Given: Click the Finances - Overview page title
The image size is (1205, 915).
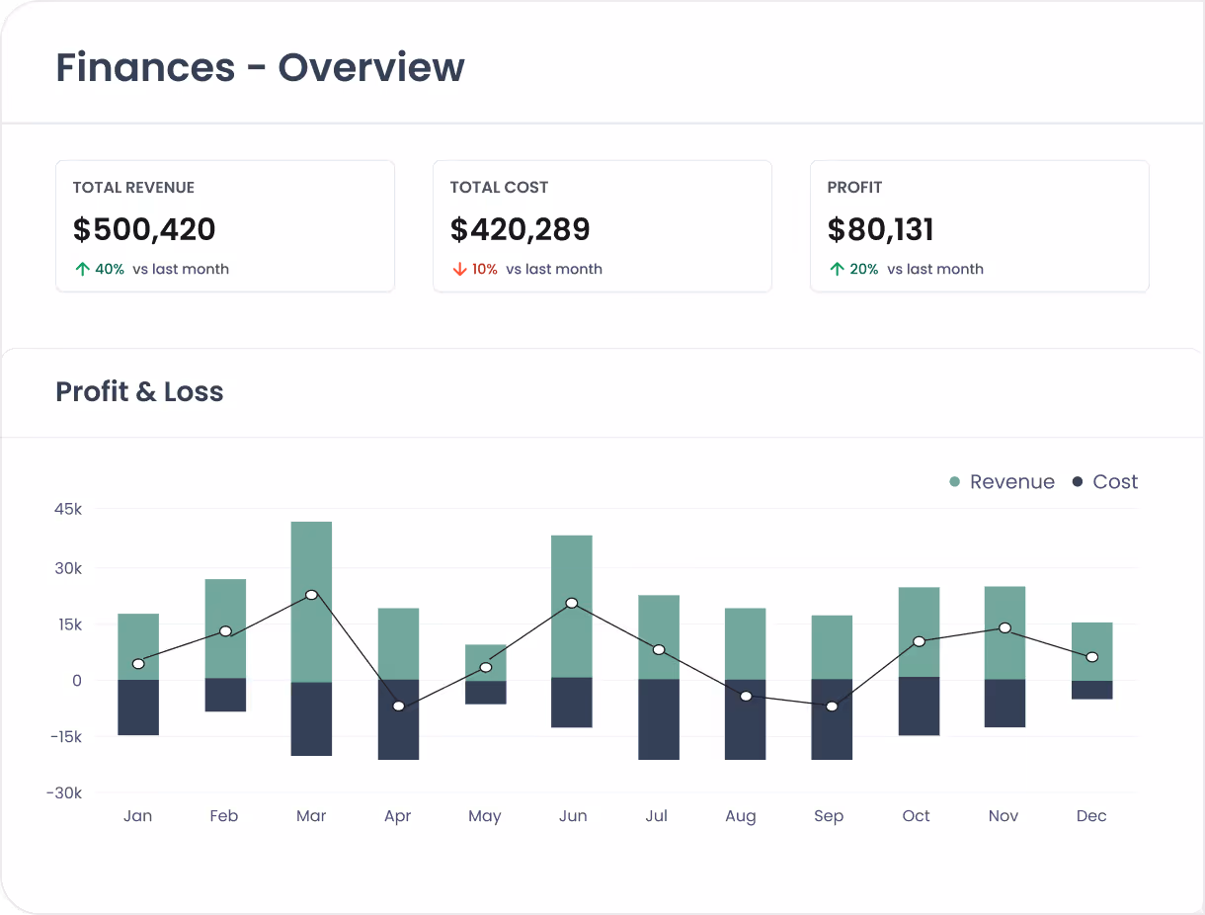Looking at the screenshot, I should [260, 68].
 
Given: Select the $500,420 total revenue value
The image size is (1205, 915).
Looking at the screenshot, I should [144, 229].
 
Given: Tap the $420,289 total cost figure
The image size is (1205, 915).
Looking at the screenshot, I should [520, 229].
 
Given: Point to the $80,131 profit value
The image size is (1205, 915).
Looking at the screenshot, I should [880, 229].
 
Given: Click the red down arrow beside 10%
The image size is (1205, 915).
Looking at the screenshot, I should [459, 269].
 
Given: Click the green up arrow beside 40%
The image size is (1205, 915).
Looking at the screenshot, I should [82, 269].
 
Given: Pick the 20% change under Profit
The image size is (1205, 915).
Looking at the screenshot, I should [863, 269].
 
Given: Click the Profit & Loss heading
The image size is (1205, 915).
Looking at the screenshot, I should [139, 392].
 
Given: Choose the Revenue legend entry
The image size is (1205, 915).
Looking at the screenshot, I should [1002, 482].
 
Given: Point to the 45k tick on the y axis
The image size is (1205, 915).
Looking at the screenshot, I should [68, 510].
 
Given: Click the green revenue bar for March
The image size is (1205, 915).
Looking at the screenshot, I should [311, 553].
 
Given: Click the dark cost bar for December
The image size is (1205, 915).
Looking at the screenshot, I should [1091, 690].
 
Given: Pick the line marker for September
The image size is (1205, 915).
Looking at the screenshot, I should [832, 707].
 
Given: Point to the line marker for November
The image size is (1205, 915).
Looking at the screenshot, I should [1004, 628].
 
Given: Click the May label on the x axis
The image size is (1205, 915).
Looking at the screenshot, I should [484, 816].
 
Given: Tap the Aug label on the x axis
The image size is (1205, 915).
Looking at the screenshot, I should [740, 816].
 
